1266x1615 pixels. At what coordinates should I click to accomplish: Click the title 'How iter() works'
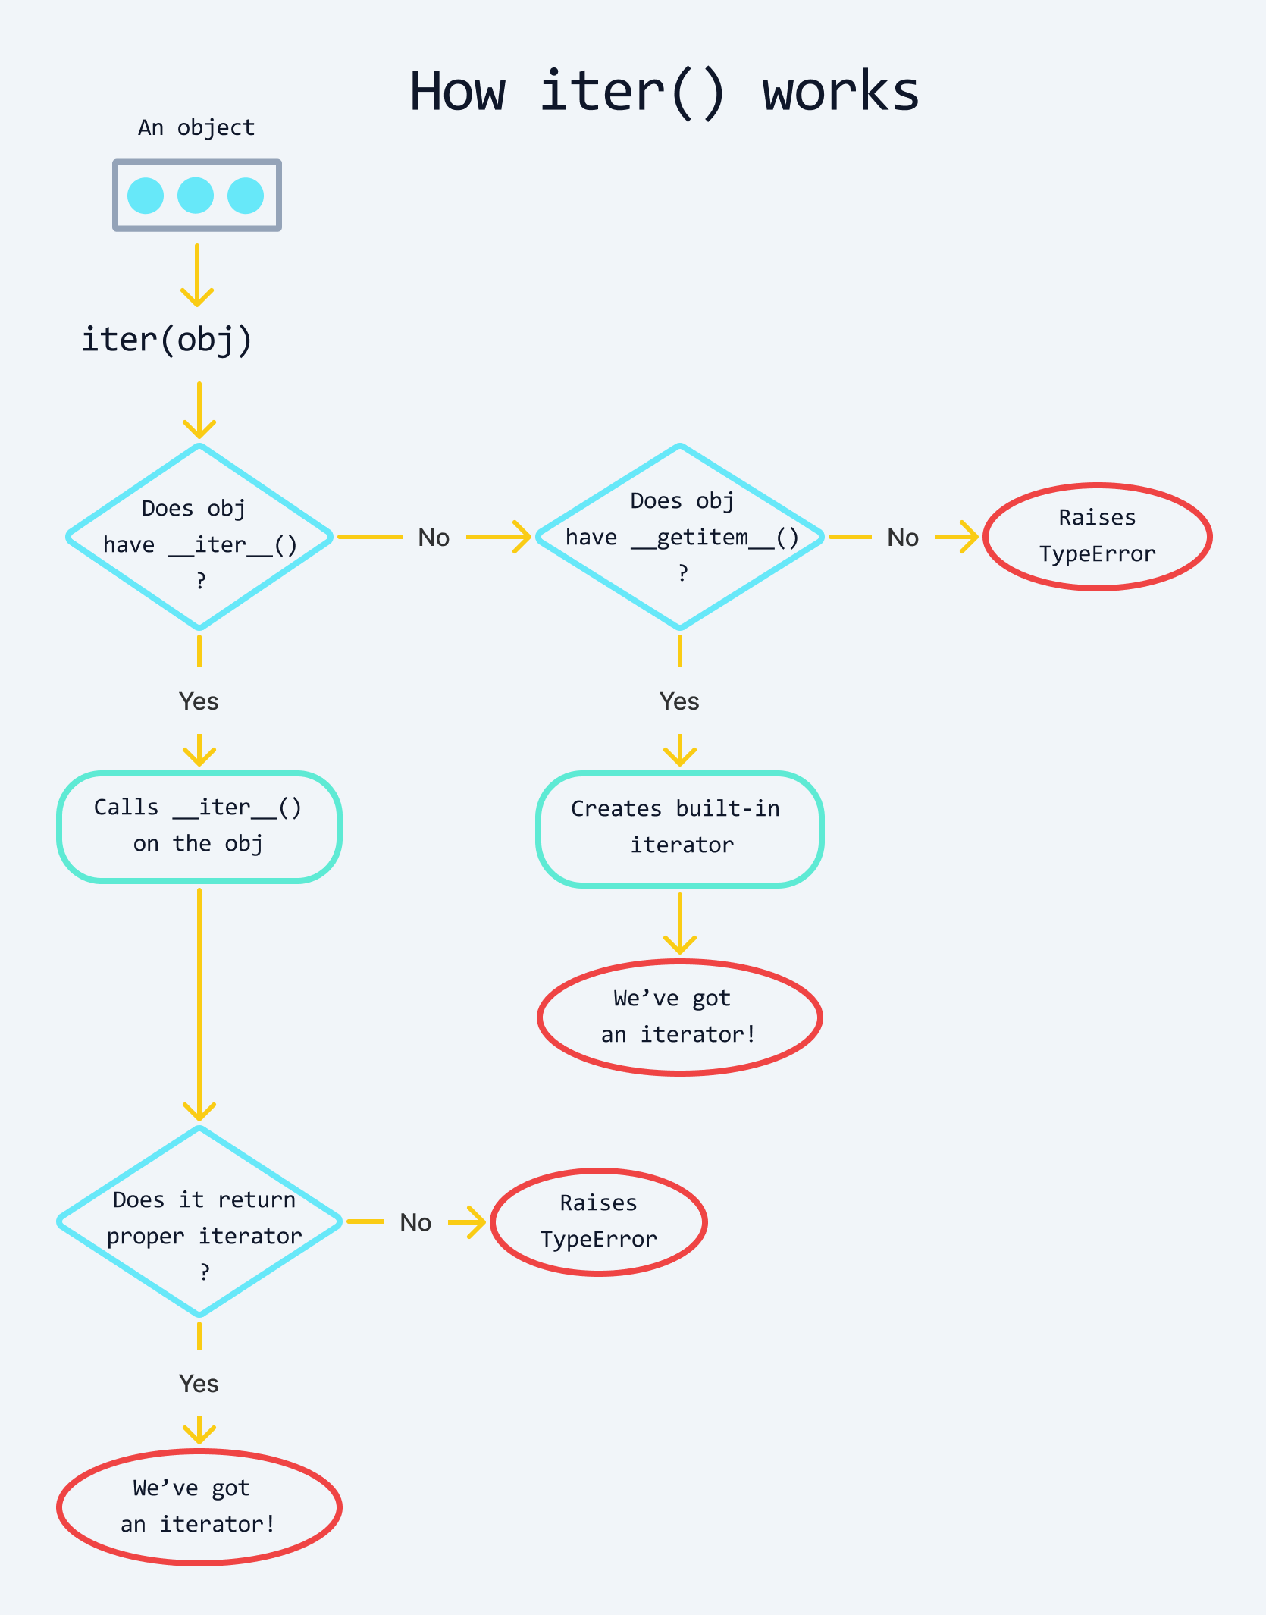tap(664, 92)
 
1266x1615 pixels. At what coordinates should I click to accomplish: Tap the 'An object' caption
tap(196, 127)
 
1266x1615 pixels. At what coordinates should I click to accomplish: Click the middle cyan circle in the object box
tap(196, 196)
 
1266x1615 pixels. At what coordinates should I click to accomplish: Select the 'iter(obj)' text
tap(167, 339)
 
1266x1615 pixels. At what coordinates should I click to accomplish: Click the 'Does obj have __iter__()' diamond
tap(199, 537)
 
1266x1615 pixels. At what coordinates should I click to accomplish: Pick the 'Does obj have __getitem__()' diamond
tap(680, 537)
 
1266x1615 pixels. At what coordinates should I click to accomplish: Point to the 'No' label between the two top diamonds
tap(434, 538)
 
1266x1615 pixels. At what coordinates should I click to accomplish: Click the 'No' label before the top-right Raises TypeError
tap(903, 538)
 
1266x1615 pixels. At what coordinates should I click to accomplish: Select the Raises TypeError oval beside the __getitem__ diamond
tap(1097, 536)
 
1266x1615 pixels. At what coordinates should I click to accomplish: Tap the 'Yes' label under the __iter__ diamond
tap(199, 701)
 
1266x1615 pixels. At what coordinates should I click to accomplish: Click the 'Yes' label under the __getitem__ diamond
tap(679, 701)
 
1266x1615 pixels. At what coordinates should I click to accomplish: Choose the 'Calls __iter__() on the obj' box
tap(199, 826)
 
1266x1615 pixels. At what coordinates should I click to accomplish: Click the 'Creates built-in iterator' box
tap(680, 828)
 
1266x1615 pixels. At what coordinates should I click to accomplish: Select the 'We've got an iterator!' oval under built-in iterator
tap(680, 1017)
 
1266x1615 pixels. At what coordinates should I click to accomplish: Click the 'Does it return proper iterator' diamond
tap(199, 1221)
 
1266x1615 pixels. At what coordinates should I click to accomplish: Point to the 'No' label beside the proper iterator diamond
tap(415, 1222)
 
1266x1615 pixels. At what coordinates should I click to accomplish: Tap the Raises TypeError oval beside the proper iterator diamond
tap(599, 1221)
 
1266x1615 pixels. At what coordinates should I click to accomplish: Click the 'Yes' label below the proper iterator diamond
tap(199, 1384)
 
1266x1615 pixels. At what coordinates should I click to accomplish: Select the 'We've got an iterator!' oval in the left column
tap(199, 1507)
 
